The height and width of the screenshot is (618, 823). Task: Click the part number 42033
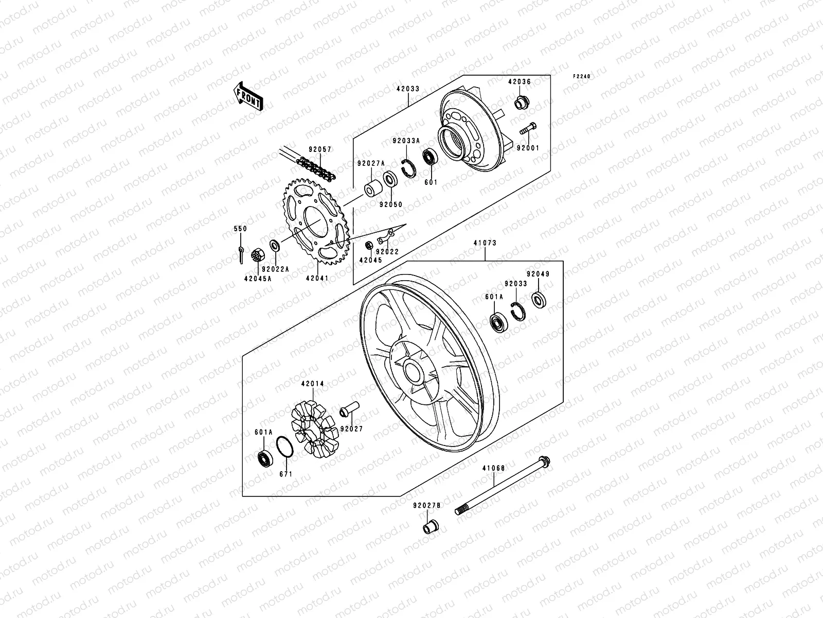coord(408,89)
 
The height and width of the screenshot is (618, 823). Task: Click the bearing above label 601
coord(430,157)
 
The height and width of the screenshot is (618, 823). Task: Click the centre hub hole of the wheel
coord(414,370)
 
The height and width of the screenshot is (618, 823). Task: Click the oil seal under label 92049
coord(539,300)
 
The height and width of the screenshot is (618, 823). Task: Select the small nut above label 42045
coord(369,245)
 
